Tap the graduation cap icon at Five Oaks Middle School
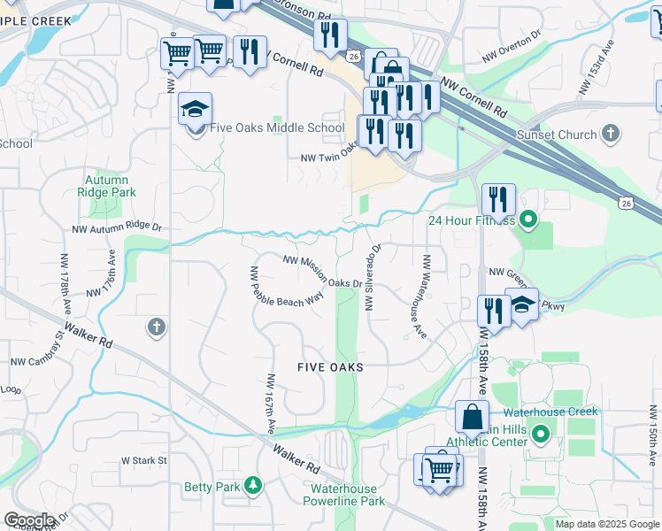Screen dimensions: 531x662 195,110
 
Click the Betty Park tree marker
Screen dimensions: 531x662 254,486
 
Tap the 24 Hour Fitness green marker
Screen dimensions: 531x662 528,220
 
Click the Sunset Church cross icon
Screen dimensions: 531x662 609,135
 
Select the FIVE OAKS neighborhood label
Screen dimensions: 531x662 330,366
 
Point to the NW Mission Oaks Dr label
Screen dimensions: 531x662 323,271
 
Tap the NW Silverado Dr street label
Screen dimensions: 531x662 373,277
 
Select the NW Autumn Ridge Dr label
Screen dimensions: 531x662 118,227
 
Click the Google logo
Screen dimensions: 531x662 29,520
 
